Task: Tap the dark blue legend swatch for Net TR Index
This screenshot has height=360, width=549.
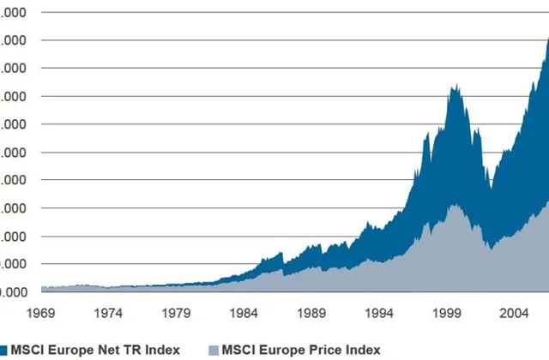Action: point(3,349)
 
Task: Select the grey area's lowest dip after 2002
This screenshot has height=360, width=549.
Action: point(489,249)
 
